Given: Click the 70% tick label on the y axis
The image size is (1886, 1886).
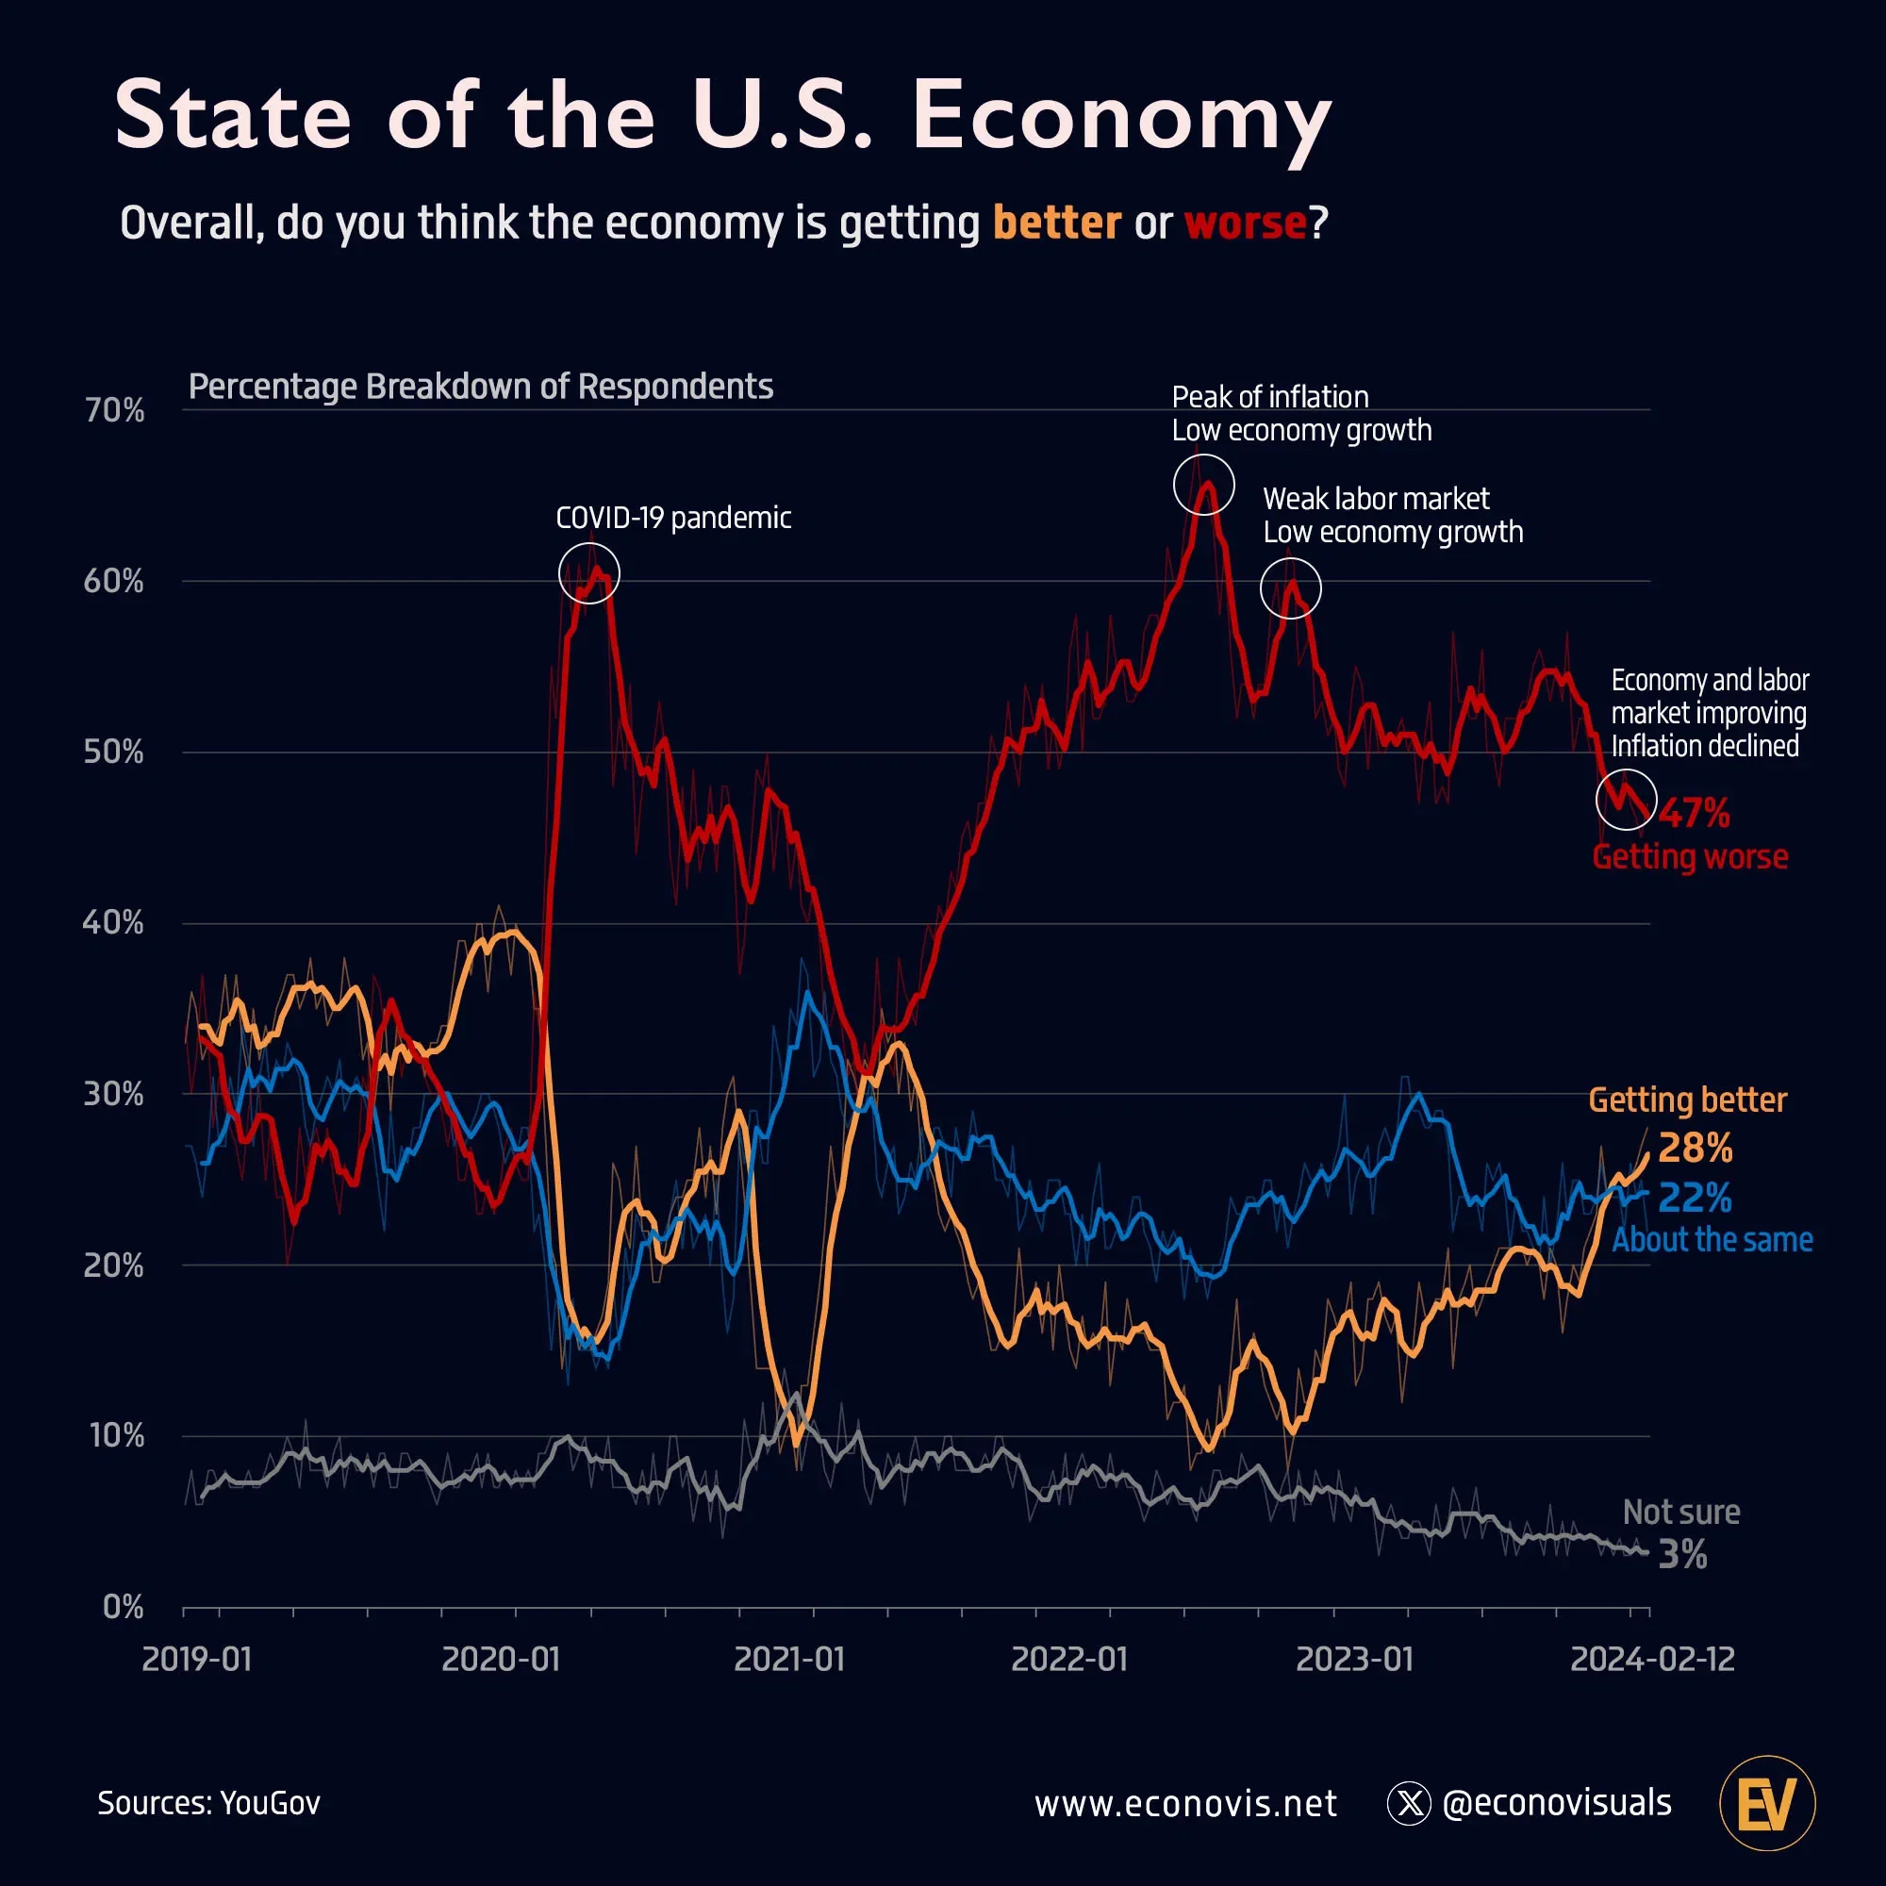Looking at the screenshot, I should pos(114,411).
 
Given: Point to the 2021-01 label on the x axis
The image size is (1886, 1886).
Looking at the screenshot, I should pos(788,1660).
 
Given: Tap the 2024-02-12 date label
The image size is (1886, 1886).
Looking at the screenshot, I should pos(1652,1660).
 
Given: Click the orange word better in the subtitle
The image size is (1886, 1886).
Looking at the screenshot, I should pos(1056,223).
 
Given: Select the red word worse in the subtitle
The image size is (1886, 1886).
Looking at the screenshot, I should pos(1245,223).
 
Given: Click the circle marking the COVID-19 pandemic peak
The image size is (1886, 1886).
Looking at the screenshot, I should pos(588,573).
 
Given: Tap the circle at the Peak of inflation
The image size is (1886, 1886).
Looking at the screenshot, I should pos(1202,484).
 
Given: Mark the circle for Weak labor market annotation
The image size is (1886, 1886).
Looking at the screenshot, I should pos(1291,588).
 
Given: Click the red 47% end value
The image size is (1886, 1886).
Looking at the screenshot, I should pos(1694,813).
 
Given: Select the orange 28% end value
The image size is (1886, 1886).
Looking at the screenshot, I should pos(1695,1149).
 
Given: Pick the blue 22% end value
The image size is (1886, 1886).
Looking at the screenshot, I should pos(1695,1198).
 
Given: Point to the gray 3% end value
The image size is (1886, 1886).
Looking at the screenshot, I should pos(1683,1555).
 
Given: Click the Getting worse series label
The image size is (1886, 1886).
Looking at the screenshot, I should pos(1690,857).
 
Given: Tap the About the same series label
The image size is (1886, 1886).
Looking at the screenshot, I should pos(1712,1241).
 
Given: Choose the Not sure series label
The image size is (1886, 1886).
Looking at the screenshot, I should pos(1681,1513).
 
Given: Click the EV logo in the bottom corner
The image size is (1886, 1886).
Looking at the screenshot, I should pos(1767,1803).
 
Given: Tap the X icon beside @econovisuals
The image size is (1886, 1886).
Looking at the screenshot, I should pos(1409,1804).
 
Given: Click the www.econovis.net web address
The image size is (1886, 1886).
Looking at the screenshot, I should pos(1185,1804).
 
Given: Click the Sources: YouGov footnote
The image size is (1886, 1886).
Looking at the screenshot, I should pos(209,1803).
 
